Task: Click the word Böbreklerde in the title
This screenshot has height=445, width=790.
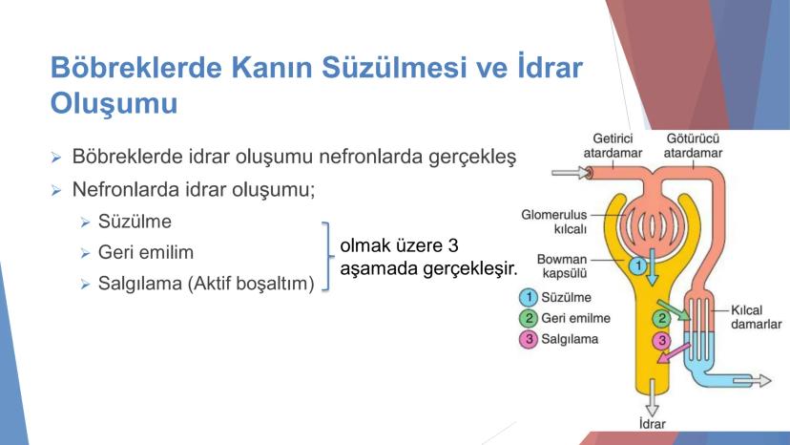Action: click(x=136, y=67)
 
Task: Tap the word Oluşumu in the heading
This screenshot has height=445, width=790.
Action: click(x=114, y=104)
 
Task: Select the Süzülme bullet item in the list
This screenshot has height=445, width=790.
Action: click(x=135, y=222)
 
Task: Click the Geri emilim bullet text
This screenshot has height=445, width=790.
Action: click(x=146, y=252)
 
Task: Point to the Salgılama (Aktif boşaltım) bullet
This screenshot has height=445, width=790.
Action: click(x=206, y=284)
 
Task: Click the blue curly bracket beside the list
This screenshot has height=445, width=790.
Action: click(x=328, y=256)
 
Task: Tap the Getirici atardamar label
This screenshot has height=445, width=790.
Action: click(x=613, y=146)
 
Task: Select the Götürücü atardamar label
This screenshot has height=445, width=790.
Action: click(x=693, y=146)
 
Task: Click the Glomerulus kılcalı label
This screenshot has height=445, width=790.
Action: click(x=553, y=222)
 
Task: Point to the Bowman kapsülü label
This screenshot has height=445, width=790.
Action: click(x=562, y=265)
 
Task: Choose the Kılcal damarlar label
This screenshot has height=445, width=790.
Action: click(x=757, y=317)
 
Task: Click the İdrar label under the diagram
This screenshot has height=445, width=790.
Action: click(x=653, y=424)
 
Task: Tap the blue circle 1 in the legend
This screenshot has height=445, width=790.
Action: click(x=529, y=297)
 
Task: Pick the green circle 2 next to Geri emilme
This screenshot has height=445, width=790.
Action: click(x=529, y=318)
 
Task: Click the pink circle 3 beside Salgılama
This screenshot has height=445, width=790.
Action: click(x=529, y=339)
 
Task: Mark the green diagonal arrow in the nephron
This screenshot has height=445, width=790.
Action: click(x=674, y=309)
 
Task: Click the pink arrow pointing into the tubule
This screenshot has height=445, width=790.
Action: click(x=674, y=352)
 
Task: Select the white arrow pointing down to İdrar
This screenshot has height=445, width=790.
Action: click(x=653, y=398)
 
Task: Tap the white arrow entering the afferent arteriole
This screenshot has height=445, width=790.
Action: click(x=571, y=173)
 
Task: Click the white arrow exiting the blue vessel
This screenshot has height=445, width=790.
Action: click(x=752, y=380)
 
